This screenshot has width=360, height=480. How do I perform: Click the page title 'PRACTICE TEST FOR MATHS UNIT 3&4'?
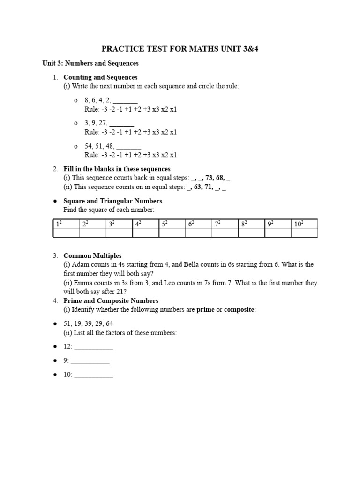pos(180,49)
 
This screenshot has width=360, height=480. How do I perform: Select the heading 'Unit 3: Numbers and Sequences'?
pos(90,63)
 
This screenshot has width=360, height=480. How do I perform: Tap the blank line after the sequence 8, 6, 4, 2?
pos(125,101)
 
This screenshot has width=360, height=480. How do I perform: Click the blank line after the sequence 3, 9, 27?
pos(122,123)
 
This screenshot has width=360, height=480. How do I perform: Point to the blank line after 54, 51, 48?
pos(128,146)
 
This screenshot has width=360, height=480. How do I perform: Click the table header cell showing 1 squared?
pos(66,224)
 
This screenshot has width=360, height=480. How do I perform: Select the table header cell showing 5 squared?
pos(172,224)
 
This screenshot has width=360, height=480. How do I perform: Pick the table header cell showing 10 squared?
pos(304,224)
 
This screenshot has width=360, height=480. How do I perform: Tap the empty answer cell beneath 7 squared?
pos(225,233)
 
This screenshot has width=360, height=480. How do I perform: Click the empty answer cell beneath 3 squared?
pos(119,233)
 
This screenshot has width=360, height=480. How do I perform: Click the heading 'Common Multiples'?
pos(92,256)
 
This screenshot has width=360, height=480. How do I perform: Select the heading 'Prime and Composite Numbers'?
pos(111,301)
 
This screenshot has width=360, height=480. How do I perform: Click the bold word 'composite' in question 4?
pos(239,310)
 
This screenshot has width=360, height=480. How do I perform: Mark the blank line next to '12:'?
pos(94,347)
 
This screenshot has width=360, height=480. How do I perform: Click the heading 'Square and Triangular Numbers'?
pos(112,201)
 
